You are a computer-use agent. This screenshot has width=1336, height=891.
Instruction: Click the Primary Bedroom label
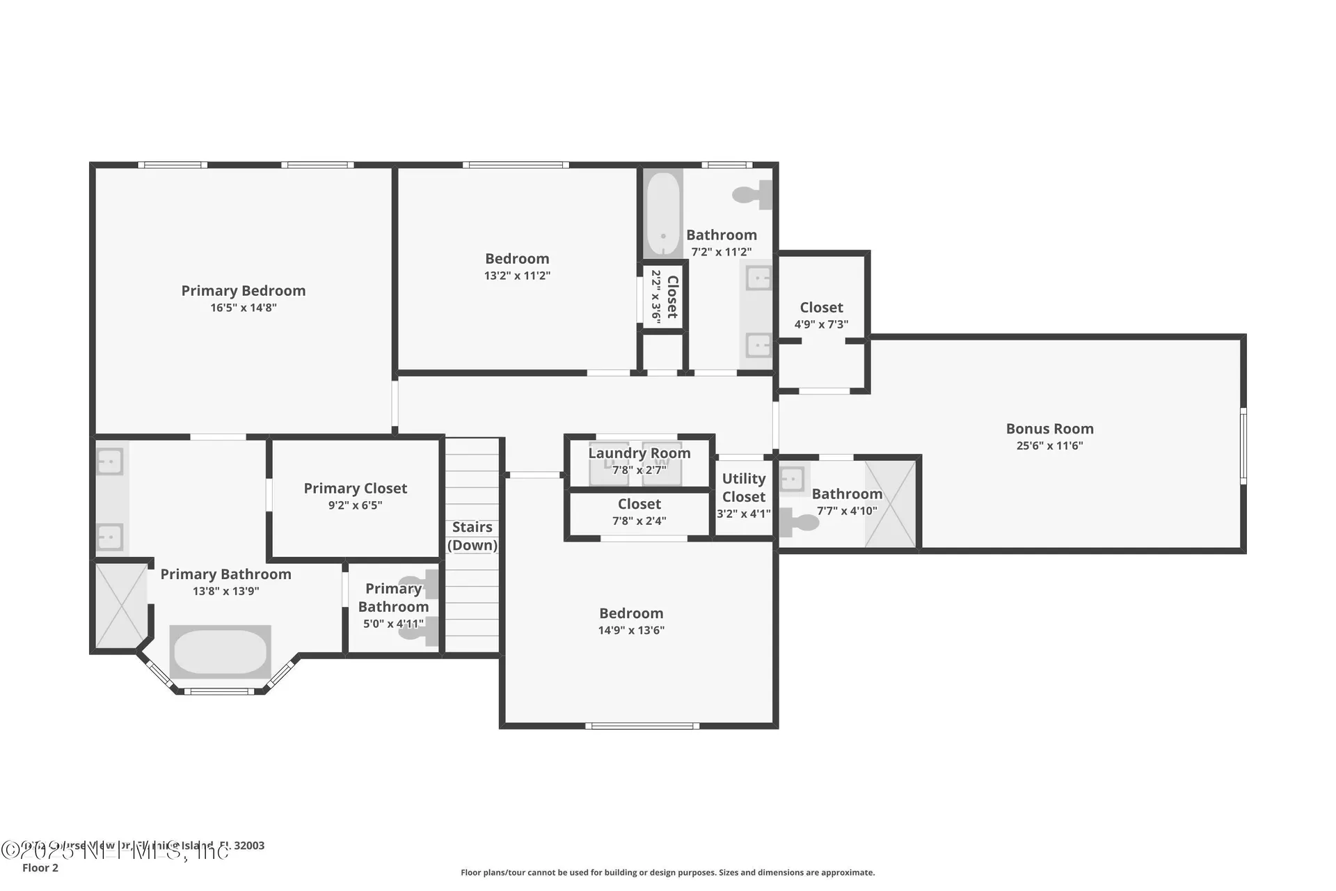(x=243, y=291)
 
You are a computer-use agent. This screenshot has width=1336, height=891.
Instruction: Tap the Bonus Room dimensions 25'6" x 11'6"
(x=1049, y=446)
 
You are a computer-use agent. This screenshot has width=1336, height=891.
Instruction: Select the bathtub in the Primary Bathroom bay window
(x=220, y=652)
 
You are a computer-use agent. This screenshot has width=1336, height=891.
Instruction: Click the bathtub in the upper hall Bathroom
(x=662, y=213)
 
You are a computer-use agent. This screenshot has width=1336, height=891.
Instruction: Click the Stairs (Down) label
(x=472, y=536)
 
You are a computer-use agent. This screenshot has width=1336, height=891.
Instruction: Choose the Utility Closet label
(x=743, y=487)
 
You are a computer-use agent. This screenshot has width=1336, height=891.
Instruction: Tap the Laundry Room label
(x=639, y=453)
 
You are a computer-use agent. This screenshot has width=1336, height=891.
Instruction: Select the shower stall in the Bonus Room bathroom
(x=890, y=503)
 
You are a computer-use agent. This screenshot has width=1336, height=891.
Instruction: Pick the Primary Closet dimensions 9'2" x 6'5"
(x=355, y=505)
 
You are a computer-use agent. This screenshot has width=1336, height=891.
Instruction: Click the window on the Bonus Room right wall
(x=1243, y=445)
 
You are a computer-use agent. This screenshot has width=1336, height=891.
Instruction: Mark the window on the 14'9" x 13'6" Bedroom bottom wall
(x=642, y=726)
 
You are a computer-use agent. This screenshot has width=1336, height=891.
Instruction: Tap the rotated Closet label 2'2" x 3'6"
(x=665, y=297)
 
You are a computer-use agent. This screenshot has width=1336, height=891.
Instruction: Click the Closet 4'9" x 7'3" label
(x=821, y=308)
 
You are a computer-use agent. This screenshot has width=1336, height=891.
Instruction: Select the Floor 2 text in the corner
(x=40, y=868)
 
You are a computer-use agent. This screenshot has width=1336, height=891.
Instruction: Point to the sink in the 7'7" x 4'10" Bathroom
(x=792, y=478)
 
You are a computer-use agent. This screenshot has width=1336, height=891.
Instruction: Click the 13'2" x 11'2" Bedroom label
(x=517, y=259)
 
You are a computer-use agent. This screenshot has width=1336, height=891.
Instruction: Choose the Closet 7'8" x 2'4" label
(x=639, y=504)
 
